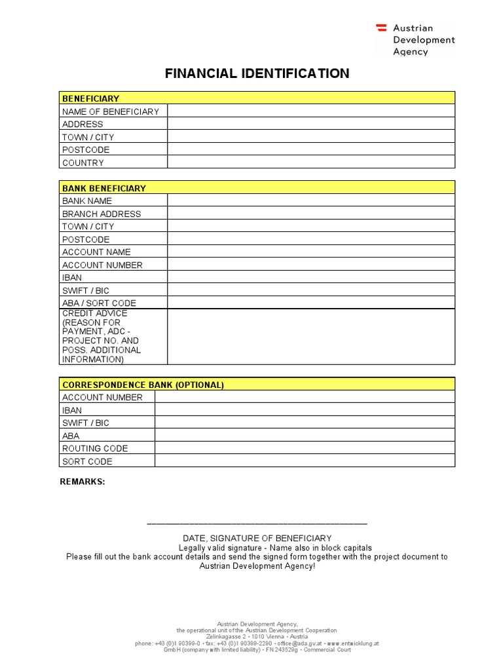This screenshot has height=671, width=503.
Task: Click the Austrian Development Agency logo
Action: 415,39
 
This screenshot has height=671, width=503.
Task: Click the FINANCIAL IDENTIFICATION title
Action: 257,73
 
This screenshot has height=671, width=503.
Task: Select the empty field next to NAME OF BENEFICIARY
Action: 310,111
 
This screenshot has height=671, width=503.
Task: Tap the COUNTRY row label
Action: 83,163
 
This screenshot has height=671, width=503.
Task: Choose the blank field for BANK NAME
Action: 310,201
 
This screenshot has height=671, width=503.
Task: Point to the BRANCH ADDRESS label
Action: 102,214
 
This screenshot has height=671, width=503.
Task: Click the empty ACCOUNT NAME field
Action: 310,252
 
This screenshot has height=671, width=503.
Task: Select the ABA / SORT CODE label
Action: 99,303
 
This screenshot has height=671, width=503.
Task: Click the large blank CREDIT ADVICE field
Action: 310,336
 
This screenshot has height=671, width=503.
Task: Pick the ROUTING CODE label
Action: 95,448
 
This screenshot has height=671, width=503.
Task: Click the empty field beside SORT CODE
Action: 305,461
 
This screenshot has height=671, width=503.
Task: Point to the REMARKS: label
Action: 83,482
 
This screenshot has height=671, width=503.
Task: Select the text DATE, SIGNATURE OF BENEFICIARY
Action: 257,538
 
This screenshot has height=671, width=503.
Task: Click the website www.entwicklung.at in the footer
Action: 353,643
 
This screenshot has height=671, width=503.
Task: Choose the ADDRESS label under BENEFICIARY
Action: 83,124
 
